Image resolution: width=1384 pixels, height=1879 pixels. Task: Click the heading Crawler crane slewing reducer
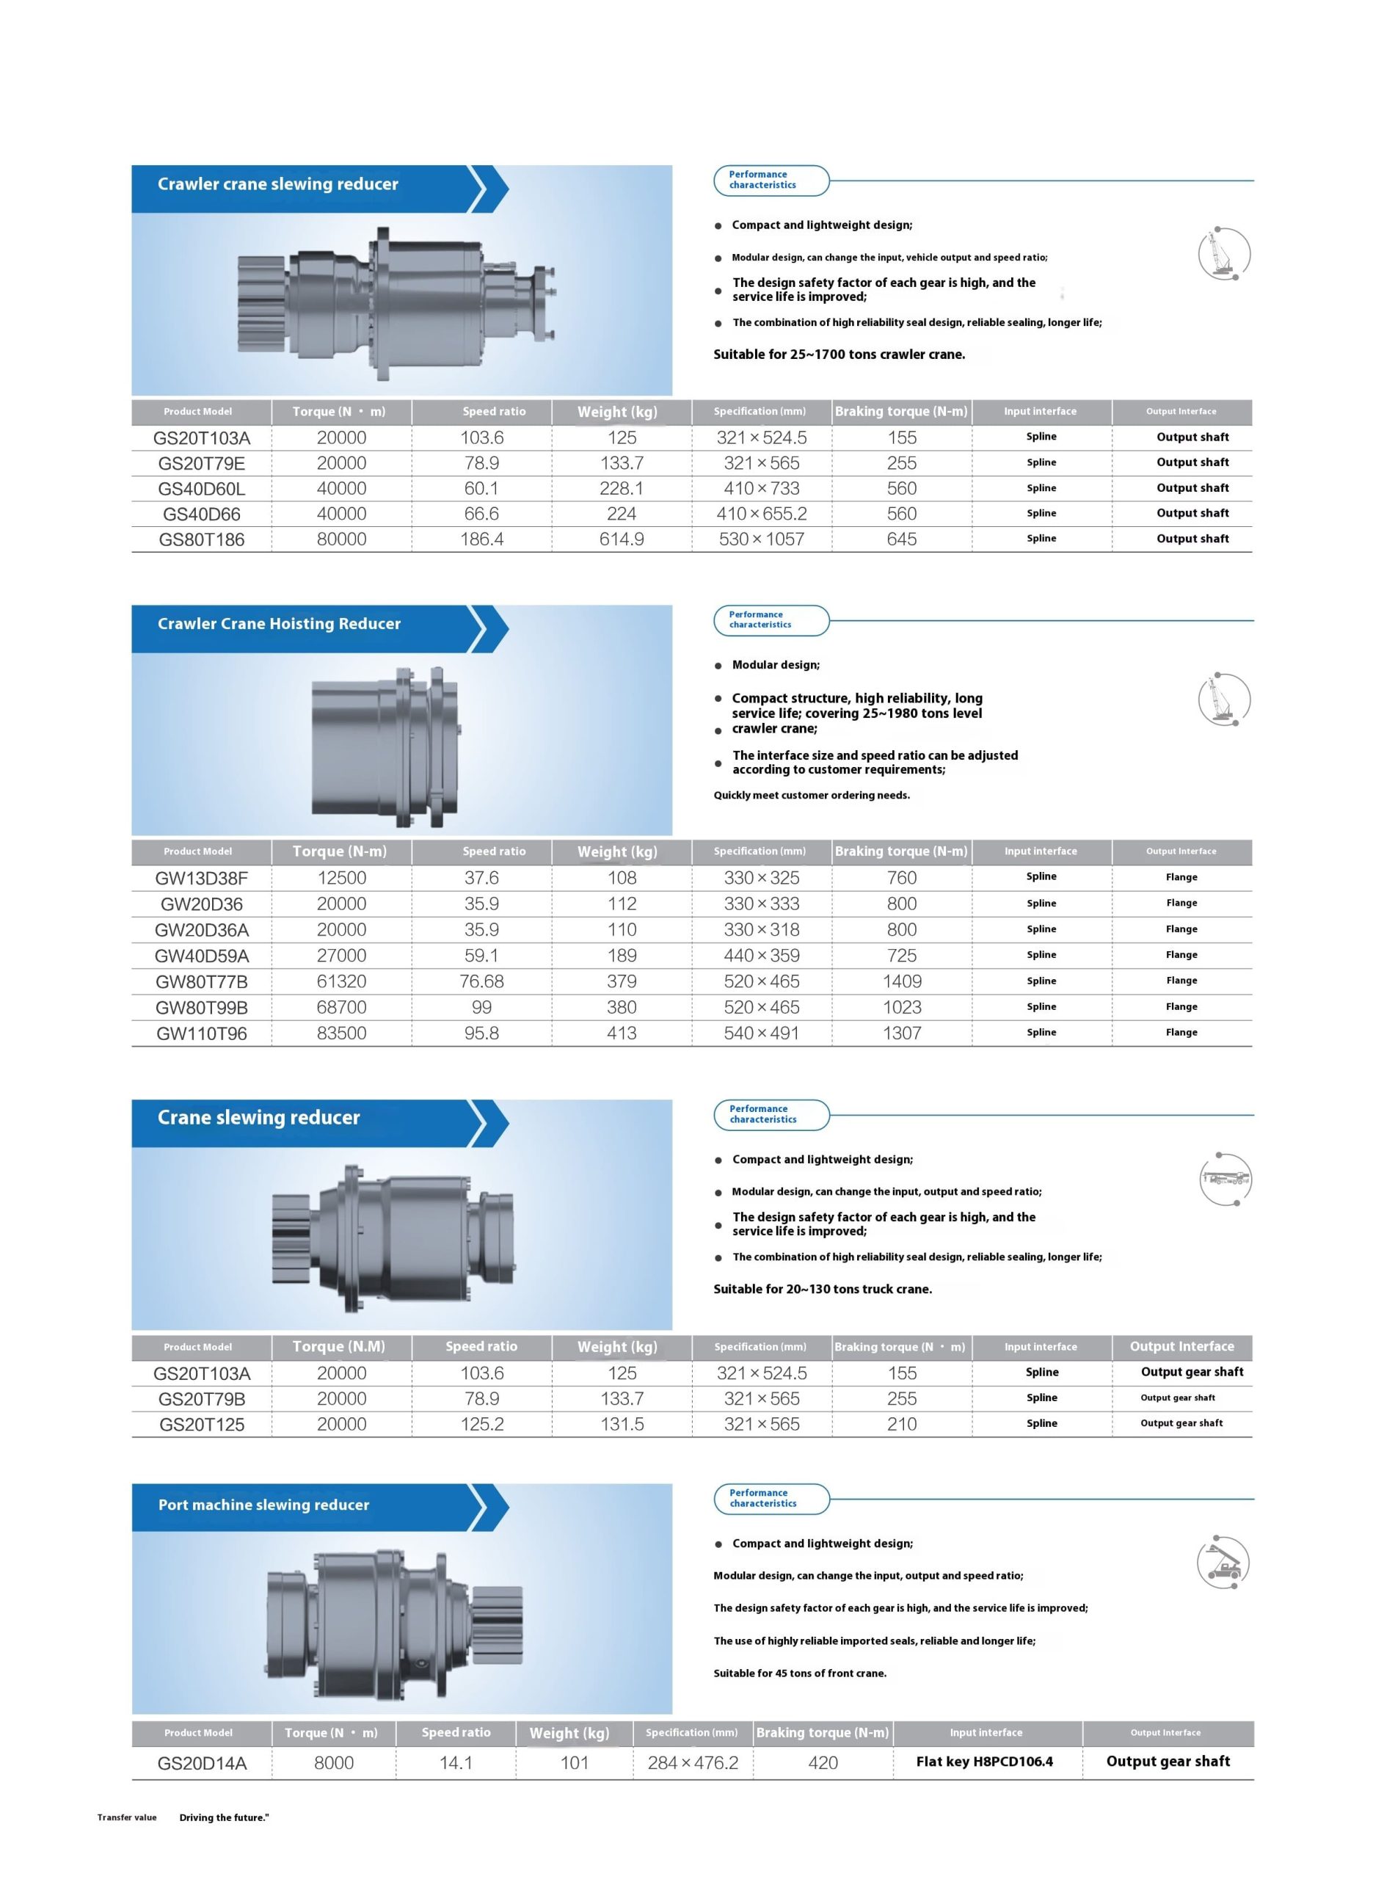[277, 184]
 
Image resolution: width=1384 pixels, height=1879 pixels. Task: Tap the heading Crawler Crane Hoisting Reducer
[279, 623]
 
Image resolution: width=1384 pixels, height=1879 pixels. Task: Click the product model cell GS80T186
[201, 539]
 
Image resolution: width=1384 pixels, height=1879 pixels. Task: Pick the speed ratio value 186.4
[481, 539]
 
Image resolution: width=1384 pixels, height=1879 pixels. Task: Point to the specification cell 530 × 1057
[761, 539]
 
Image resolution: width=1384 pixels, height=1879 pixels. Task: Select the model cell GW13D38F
[201, 878]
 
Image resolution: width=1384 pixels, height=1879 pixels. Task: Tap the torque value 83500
[341, 1033]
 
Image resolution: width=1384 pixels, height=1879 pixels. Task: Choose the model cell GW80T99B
[201, 1007]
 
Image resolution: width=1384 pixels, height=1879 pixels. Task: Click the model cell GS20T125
[201, 1424]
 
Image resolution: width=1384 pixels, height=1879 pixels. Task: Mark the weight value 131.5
[622, 1424]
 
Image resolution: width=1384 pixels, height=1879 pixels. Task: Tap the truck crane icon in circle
[1225, 1180]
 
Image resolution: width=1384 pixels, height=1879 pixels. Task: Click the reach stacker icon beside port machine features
[1223, 1563]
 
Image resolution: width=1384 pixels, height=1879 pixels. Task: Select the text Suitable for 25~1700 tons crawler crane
[839, 355]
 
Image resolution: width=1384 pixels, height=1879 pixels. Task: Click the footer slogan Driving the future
[224, 1817]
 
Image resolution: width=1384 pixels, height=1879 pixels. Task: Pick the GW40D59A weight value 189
[622, 955]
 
